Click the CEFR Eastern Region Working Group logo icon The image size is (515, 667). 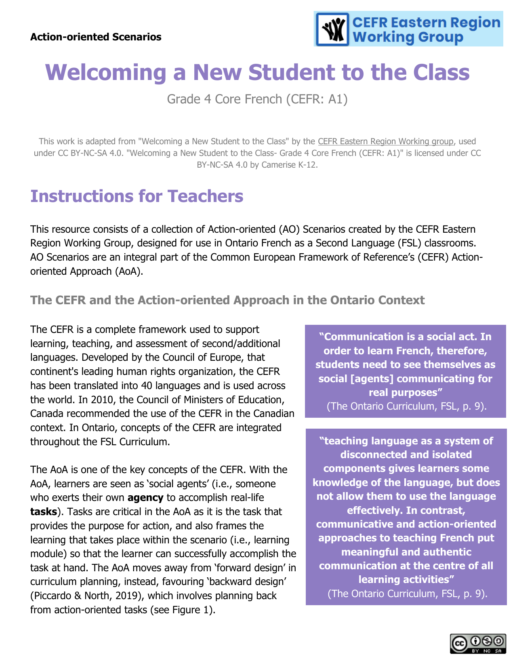[x=332, y=29]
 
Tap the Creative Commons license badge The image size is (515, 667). [x=477, y=644]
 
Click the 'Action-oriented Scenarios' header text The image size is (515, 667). [x=96, y=37]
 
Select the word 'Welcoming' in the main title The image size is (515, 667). [x=105, y=72]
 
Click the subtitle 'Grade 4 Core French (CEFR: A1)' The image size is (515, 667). [x=257, y=99]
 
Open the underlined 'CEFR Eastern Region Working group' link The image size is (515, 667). [x=385, y=141]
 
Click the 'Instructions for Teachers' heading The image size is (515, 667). [x=137, y=196]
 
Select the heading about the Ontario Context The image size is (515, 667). [x=227, y=300]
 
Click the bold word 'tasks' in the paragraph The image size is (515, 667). [x=43, y=512]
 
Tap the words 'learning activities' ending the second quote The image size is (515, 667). [x=406, y=580]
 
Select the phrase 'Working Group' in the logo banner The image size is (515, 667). [x=408, y=37]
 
